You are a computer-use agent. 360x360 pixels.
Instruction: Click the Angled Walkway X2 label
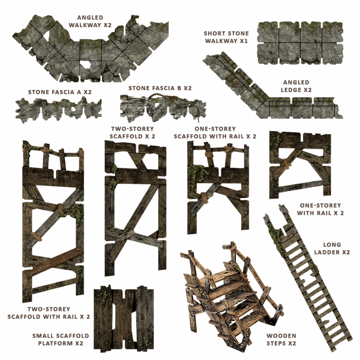click(x=90, y=21)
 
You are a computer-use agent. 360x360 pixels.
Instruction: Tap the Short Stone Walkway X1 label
click(x=226, y=37)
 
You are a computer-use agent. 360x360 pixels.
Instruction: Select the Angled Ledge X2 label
click(x=296, y=86)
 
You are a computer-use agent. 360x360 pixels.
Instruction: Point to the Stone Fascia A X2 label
click(x=60, y=92)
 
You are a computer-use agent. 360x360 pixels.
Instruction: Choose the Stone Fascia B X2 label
click(x=160, y=88)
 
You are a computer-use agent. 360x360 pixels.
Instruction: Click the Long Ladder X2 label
click(x=332, y=248)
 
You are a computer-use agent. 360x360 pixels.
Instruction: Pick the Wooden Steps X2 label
click(x=281, y=340)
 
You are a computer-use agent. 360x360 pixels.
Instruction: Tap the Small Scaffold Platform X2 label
click(x=61, y=340)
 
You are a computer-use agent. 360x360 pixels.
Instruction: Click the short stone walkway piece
click(x=300, y=43)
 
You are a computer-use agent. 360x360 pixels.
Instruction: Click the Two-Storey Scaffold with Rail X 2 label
click(x=49, y=313)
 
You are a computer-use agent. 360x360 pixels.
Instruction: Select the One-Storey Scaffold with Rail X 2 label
click(x=215, y=132)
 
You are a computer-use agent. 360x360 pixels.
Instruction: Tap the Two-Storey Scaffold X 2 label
click(x=132, y=132)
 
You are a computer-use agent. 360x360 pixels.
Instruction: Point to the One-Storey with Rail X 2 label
click(x=320, y=209)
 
